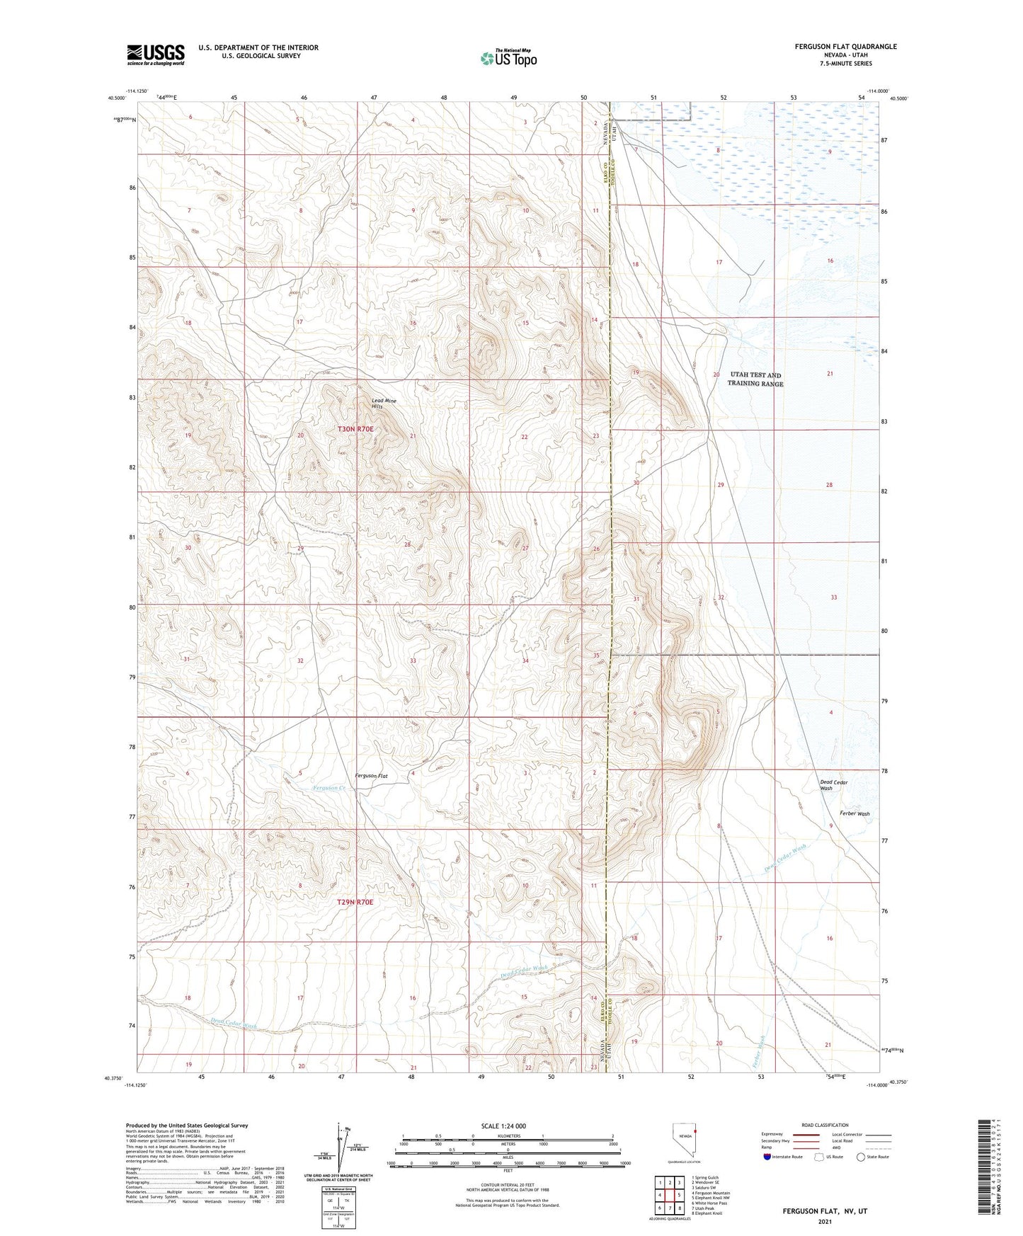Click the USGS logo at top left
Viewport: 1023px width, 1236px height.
coord(155,55)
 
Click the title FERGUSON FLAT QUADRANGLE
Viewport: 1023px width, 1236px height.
coord(845,47)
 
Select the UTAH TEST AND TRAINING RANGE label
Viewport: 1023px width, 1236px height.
coord(755,379)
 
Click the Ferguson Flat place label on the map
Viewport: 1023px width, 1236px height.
coord(371,776)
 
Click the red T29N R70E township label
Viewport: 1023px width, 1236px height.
coord(354,903)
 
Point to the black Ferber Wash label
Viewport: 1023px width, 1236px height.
coord(855,813)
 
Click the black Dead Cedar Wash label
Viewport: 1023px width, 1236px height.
coord(833,785)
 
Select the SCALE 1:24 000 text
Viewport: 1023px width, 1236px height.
coord(503,1126)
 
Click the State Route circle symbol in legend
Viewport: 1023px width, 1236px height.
coord(861,1157)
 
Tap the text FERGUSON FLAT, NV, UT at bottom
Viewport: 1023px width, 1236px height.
coord(825,1211)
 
